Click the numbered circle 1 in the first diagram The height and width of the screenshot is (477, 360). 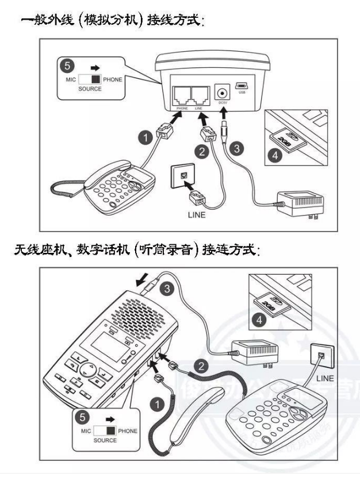point(146,139)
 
